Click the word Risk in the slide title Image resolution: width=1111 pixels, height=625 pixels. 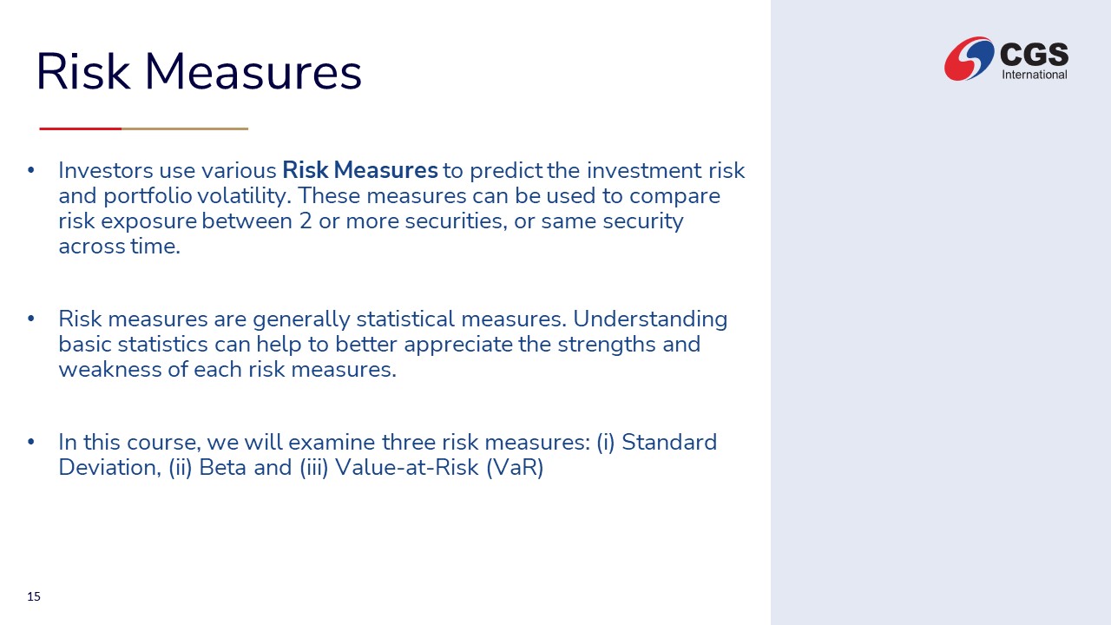(x=83, y=71)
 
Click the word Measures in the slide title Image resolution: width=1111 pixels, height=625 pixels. (x=253, y=72)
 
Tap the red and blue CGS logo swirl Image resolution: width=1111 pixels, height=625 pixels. (x=969, y=58)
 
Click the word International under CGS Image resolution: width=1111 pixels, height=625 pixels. (x=1034, y=75)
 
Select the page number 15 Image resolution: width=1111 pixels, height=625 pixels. (x=34, y=596)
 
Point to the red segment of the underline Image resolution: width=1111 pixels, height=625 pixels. (x=81, y=128)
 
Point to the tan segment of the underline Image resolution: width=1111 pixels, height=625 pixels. (x=185, y=128)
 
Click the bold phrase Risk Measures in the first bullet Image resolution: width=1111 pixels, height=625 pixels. (x=360, y=170)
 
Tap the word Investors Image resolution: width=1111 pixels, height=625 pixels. (x=106, y=171)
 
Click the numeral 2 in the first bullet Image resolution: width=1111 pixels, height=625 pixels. (x=306, y=221)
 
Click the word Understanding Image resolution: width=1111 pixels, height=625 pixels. (x=650, y=319)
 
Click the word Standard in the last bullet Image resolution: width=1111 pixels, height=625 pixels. (x=669, y=443)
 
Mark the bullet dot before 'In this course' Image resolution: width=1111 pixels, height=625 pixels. (x=30, y=441)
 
